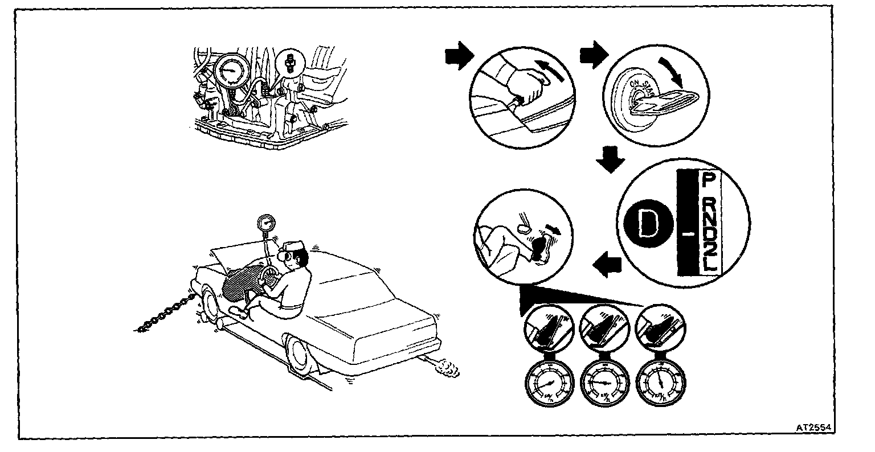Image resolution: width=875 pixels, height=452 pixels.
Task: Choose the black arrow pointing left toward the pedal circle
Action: coord(605,264)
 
